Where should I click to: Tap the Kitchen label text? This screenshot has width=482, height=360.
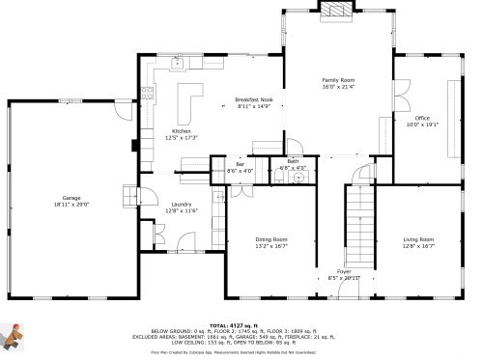click(182, 131)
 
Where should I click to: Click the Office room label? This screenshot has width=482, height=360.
click(422, 118)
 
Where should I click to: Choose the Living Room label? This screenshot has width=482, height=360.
click(418, 239)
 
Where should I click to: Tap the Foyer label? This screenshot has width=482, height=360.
click(344, 271)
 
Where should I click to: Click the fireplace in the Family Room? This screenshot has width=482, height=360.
click(337, 10)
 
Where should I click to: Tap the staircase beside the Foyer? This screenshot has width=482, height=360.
click(359, 222)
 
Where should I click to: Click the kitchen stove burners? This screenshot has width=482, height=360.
click(147, 94)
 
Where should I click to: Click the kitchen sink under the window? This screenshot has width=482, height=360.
click(177, 65)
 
